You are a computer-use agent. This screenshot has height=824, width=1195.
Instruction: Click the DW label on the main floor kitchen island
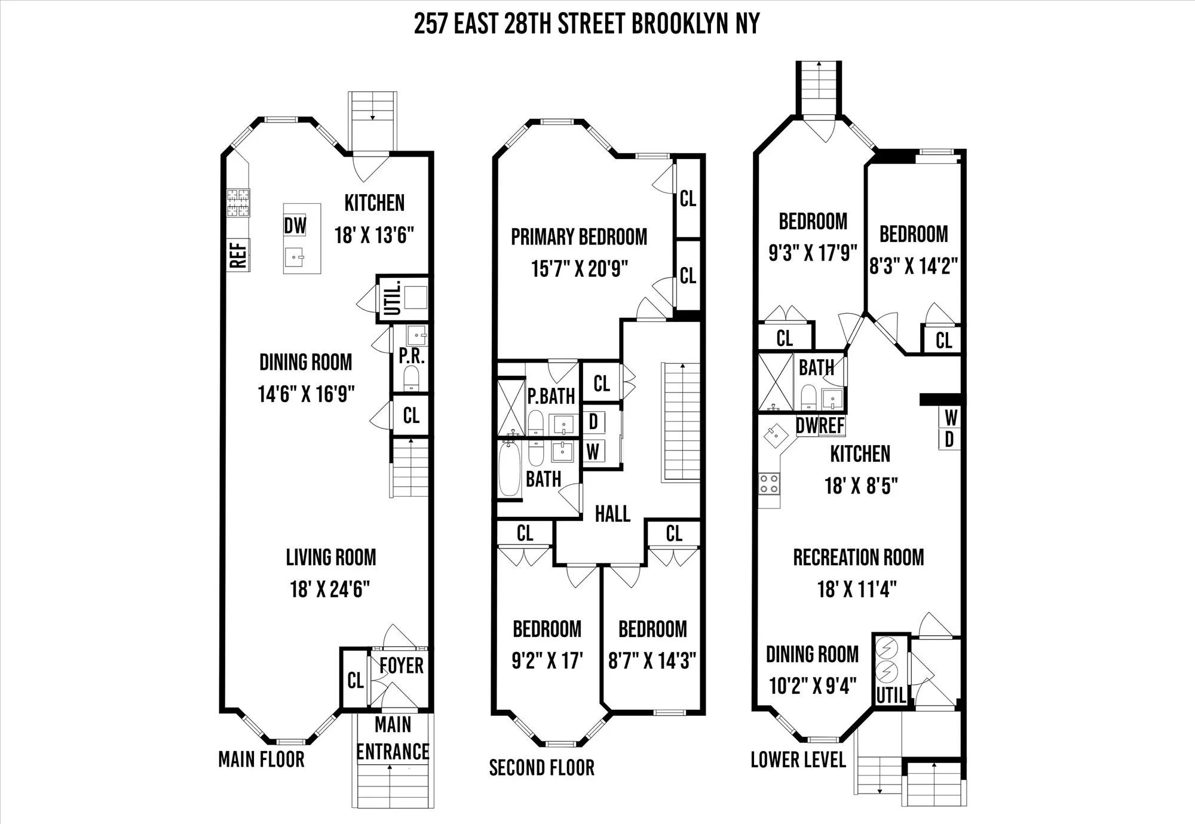click(295, 226)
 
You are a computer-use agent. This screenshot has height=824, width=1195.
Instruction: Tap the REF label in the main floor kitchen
click(238, 255)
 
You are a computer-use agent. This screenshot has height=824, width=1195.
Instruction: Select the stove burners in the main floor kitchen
click(238, 203)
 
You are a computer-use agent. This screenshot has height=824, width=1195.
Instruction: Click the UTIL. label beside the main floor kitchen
click(392, 298)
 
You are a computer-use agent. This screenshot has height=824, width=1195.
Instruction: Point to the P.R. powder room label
click(412, 357)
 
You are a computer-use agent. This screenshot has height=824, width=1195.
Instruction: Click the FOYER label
click(401, 665)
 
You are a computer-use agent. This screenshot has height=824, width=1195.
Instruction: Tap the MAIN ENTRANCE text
click(393, 738)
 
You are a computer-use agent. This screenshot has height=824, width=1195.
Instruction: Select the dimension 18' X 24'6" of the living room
click(330, 589)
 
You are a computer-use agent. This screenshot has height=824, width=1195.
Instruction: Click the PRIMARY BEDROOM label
click(578, 237)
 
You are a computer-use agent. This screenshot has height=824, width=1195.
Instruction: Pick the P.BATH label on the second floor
click(551, 396)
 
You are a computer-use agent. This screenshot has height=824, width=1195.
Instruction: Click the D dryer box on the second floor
click(593, 422)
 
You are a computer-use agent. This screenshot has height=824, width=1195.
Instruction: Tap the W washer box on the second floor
click(593, 452)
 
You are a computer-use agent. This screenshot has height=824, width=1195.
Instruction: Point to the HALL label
click(612, 514)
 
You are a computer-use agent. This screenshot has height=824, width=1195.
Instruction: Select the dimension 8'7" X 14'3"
click(652, 661)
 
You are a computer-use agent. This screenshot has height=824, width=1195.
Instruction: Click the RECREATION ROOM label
click(858, 557)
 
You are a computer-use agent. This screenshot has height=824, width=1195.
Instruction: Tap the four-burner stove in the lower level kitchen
click(768, 483)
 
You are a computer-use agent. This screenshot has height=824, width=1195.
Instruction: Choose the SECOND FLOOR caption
click(541, 768)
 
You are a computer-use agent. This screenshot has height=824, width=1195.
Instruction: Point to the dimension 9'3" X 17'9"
click(813, 253)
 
